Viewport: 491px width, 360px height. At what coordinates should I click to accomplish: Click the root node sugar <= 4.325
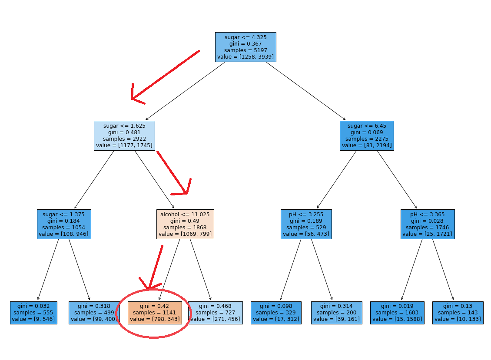[245, 47]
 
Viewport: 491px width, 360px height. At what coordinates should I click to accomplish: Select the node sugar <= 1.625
[124, 135]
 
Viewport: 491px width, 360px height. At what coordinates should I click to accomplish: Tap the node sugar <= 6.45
[367, 135]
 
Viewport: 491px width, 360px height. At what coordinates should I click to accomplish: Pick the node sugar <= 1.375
[64, 224]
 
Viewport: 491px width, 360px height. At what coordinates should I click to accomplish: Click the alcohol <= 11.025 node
[185, 224]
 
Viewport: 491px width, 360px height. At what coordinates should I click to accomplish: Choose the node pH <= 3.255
[306, 224]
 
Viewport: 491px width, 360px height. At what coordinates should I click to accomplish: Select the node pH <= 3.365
[427, 224]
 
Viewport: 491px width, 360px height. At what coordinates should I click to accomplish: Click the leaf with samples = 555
[33, 313]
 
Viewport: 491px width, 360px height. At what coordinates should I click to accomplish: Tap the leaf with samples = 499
[94, 313]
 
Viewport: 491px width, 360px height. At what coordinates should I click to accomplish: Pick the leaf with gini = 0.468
[216, 313]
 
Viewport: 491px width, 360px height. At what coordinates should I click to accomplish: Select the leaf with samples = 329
[276, 313]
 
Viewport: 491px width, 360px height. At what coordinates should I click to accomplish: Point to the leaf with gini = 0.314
[336, 313]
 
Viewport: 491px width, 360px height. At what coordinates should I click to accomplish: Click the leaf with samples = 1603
[397, 313]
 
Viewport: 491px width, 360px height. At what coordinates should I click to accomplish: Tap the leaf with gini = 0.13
[458, 313]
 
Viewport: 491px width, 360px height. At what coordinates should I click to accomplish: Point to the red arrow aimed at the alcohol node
[174, 174]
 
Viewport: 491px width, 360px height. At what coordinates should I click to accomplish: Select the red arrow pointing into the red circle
[155, 267]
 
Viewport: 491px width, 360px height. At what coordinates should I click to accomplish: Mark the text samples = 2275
[367, 139]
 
